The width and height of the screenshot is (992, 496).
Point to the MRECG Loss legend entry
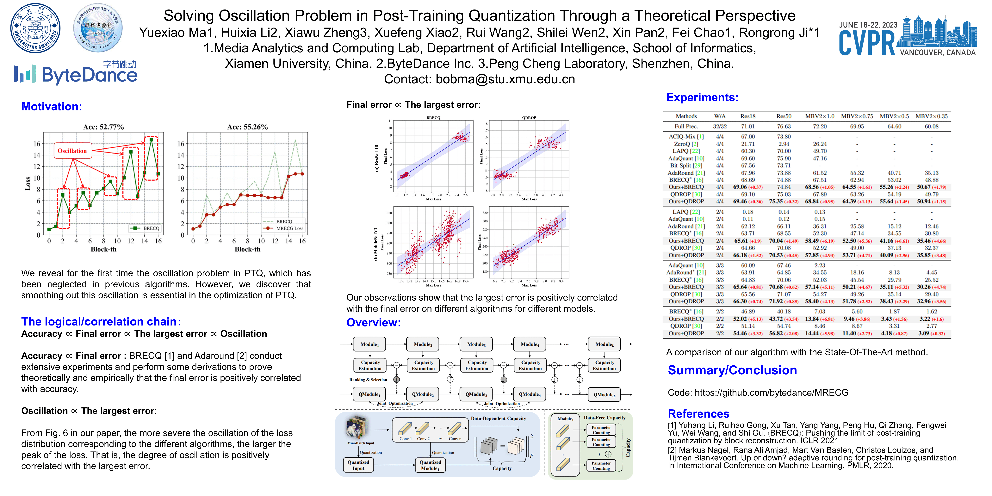click(x=289, y=228)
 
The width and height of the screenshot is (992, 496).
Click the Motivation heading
click(x=52, y=107)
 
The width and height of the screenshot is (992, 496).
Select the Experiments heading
click(x=702, y=97)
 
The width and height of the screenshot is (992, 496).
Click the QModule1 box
click(x=369, y=394)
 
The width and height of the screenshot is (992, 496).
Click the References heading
click(x=698, y=414)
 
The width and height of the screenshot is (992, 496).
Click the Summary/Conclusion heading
click(x=732, y=370)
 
